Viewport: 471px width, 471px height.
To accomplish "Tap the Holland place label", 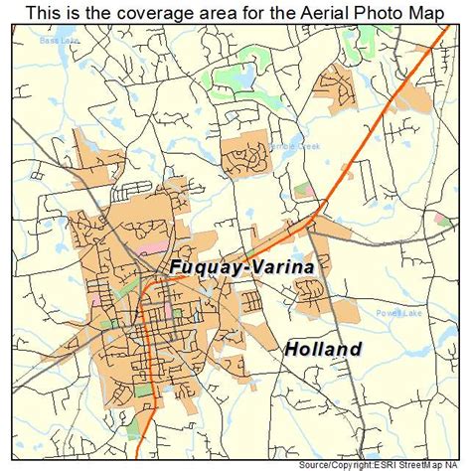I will pos(323,349).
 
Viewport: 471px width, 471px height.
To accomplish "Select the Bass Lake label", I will pos(58,42).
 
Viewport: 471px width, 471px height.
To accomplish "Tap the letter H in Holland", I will pos(291,349).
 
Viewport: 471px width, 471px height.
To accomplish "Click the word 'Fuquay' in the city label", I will pos(196,268).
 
